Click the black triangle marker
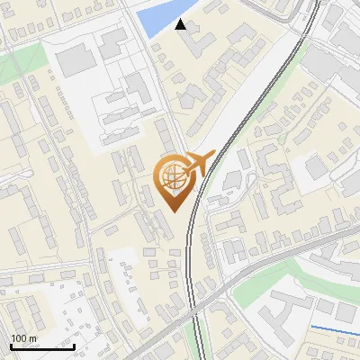click(181, 24)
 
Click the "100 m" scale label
click(24, 338)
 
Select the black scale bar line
click(42, 346)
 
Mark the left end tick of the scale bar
click(11, 346)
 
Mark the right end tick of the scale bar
click(74, 346)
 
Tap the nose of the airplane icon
click(212, 157)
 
